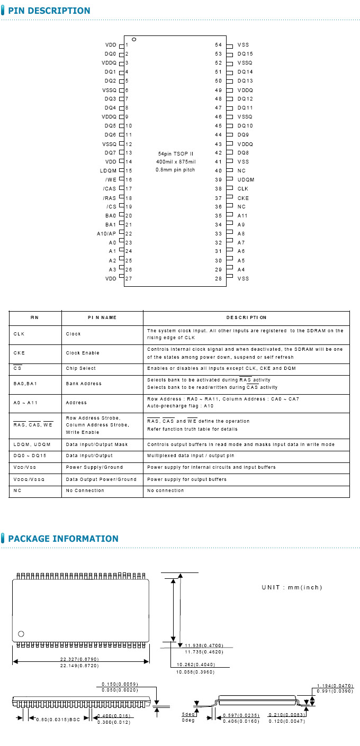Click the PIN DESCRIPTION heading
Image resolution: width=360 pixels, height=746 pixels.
49,11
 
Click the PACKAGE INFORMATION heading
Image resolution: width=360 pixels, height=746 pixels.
63,539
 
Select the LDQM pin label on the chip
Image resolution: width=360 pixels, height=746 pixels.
108,171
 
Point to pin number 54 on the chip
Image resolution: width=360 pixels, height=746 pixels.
218,45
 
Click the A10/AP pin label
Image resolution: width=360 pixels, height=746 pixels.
106,234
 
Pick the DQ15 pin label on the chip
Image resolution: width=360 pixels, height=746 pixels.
245,54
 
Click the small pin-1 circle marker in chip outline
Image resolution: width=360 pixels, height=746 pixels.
134,40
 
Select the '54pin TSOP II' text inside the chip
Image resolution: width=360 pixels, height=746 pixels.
176,153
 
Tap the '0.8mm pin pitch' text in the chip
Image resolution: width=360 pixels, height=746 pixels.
175,170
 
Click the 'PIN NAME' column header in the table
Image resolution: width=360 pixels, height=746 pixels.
102,317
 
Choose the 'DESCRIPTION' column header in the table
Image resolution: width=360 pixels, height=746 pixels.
246,317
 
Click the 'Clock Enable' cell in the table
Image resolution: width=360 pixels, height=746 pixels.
83,353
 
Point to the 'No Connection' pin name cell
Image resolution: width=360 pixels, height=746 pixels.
85,490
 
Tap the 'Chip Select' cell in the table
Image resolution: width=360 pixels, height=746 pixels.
81,368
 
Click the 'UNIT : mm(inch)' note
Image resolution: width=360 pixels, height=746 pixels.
292,587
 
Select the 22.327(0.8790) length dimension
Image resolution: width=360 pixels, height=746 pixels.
79,659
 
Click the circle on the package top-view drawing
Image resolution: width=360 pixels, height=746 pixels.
21,634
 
